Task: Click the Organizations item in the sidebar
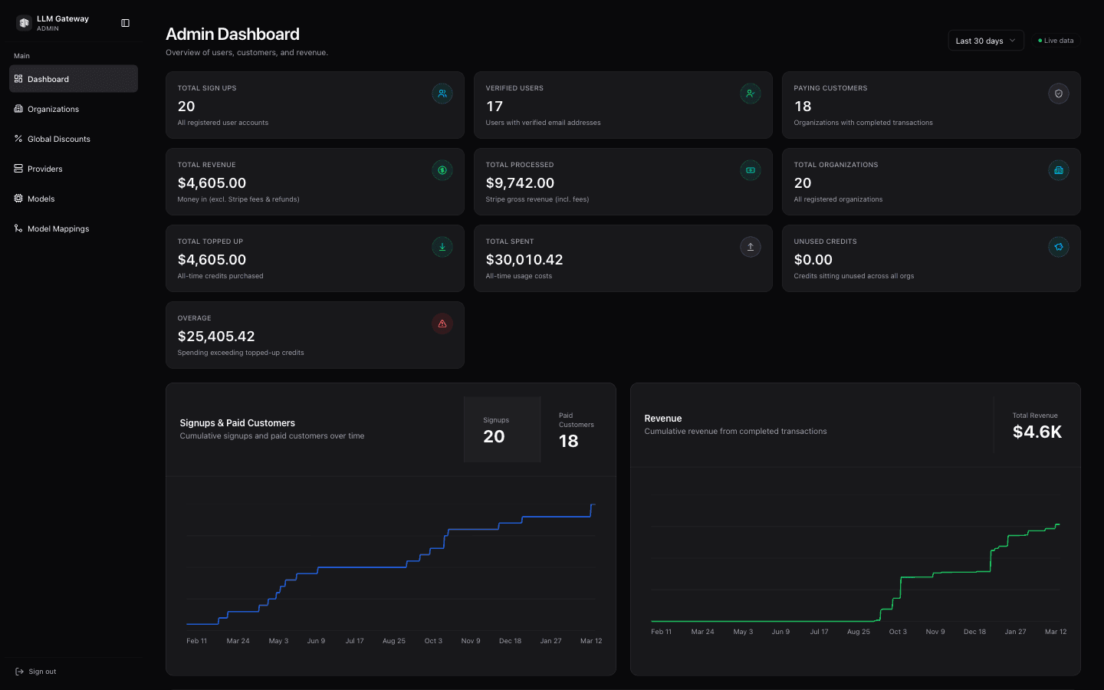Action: click(53, 109)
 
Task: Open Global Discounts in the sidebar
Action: click(58, 139)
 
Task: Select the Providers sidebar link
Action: click(44, 169)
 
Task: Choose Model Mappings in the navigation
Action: click(58, 228)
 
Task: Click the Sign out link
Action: click(42, 672)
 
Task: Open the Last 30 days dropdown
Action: click(985, 41)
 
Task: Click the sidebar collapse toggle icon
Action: click(126, 23)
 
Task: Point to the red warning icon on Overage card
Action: click(442, 324)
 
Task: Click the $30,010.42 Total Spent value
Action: click(524, 260)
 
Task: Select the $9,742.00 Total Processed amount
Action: click(520, 183)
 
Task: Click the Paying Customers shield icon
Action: click(1059, 94)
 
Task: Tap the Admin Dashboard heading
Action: click(232, 34)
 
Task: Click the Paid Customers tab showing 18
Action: click(577, 430)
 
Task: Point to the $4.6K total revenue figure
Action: click(1037, 432)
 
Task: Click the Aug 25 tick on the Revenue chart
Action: click(858, 632)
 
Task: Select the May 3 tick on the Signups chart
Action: click(278, 641)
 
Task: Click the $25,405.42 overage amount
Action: click(216, 337)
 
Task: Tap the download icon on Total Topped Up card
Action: click(442, 247)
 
